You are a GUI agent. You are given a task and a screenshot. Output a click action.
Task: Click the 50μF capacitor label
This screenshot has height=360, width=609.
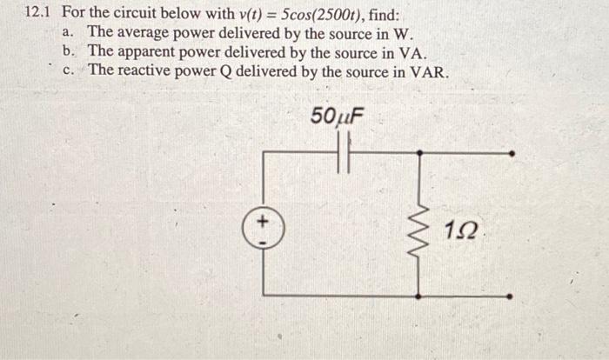(336, 116)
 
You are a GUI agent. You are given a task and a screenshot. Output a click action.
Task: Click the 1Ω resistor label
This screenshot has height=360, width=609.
(459, 232)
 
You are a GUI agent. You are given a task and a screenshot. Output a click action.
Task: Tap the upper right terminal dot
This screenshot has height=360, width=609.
(512, 153)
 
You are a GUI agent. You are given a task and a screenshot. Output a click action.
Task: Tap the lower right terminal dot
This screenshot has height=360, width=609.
(512, 296)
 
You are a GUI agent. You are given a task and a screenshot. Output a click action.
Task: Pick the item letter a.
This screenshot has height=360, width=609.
(69, 32)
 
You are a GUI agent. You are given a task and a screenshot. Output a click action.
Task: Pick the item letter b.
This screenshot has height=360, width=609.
(69, 51)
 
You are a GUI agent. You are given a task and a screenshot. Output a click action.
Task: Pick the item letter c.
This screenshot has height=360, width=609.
(69, 70)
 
